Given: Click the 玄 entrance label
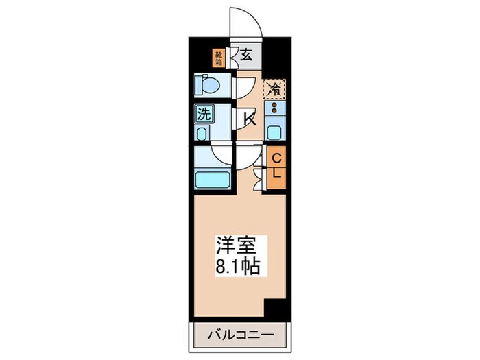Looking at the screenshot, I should [x=245, y=55].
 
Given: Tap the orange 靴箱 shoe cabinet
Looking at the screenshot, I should [x=219, y=58].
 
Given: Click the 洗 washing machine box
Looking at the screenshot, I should [x=204, y=114].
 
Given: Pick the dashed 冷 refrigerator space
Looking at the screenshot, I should [x=275, y=88].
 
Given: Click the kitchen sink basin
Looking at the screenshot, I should [x=275, y=132].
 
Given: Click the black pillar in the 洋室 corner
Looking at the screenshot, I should [x=275, y=309].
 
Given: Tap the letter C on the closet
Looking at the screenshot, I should [x=276, y=158].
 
